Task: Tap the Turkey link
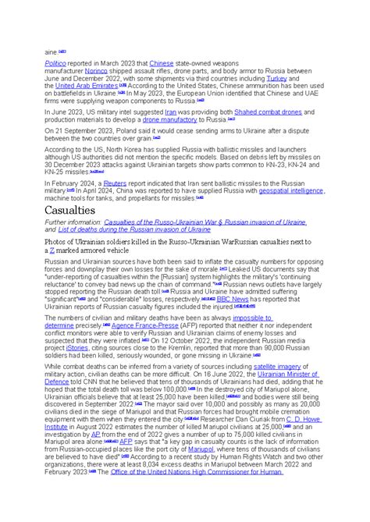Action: click(299, 78)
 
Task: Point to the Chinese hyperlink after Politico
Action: click(162, 62)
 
